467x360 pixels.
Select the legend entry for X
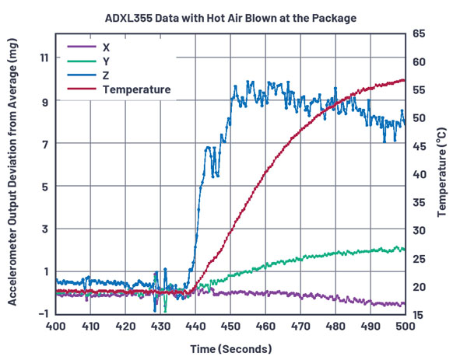pos(106,46)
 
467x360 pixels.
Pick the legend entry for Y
pos(106,61)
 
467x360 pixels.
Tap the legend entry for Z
pos(106,75)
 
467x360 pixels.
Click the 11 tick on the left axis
pos(40,58)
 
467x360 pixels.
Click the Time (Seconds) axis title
pos(230,347)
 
